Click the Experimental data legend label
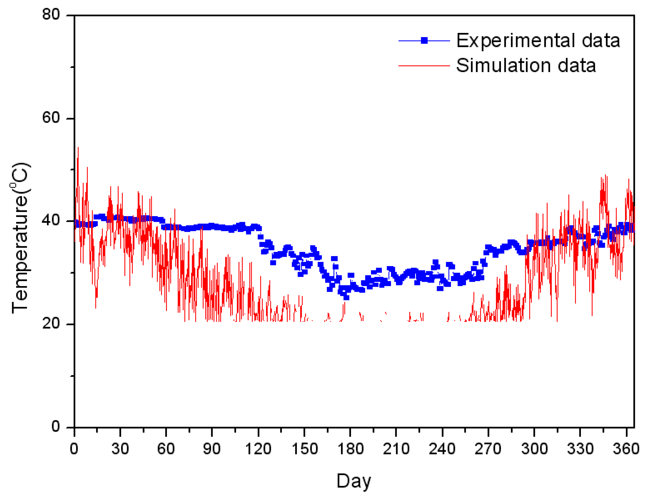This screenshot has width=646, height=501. [x=538, y=41]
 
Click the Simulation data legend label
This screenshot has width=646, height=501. [x=526, y=65]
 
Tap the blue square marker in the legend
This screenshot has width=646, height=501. [x=424, y=41]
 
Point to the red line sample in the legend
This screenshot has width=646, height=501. [x=424, y=65]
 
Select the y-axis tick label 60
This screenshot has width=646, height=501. [x=51, y=118]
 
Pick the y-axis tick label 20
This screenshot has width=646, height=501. [x=51, y=323]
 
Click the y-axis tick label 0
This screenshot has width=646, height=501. [x=56, y=426]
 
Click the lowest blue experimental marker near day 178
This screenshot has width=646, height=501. [x=346, y=298]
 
